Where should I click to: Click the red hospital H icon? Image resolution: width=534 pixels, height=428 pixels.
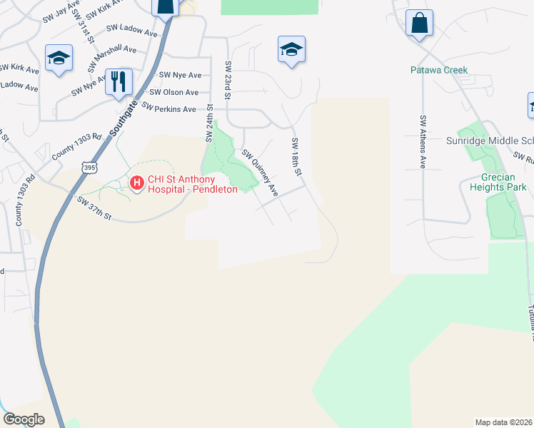tap(136, 184)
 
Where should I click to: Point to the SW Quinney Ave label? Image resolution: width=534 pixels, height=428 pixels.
tap(260, 173)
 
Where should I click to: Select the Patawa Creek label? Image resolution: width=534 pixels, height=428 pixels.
tap(438, 70)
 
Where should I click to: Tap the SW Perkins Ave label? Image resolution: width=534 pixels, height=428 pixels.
tap(168, 108)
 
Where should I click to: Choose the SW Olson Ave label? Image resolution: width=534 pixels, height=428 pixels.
tap(174, 92)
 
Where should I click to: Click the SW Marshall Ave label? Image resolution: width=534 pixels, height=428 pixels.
tap(112, 58)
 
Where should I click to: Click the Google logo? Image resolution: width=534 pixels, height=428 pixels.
tap(24, 419)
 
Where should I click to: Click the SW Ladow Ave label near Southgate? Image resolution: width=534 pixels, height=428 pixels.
tap(132, 31)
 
